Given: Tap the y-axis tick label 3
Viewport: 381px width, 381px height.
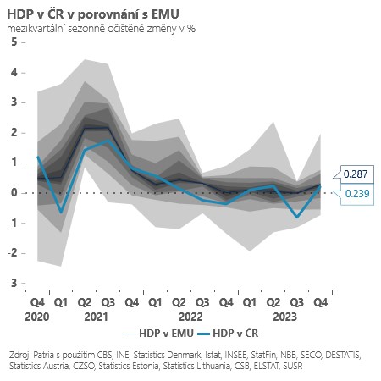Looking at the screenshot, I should pyautogui.click(x=14, y=102).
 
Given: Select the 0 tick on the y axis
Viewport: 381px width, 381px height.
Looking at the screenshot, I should pyautogui.click(x=14, y=192).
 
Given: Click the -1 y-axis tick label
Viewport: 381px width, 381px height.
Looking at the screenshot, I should pyautogui.click(x=11, y=223).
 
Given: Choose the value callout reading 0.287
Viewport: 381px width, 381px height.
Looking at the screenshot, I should pyautogui.click(x=354, y=174).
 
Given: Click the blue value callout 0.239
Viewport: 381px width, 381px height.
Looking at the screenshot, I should pyautogui.click(x=354, y=193).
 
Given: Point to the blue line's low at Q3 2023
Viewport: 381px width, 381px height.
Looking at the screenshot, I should pyautogui.click(x=297, y=217).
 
